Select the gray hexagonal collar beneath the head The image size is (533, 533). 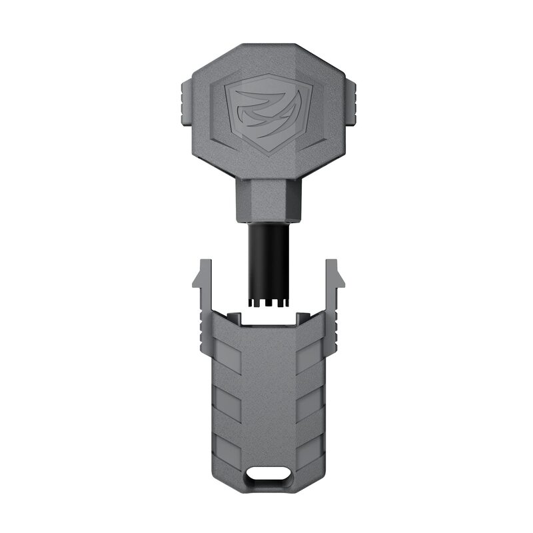tap(266, 201)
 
